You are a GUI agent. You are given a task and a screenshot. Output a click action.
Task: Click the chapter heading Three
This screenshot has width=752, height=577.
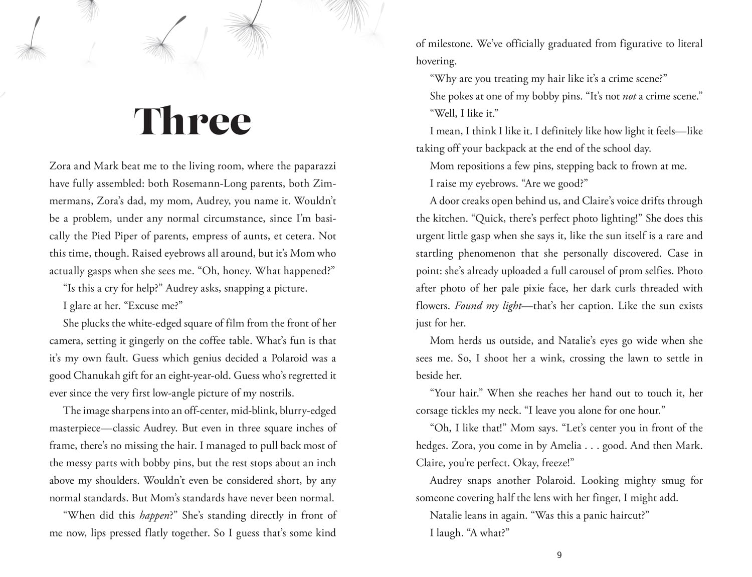193,120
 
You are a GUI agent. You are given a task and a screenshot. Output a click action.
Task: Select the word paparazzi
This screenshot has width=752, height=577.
311,166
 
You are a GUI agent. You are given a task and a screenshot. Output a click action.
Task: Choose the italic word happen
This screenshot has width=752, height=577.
155,515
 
